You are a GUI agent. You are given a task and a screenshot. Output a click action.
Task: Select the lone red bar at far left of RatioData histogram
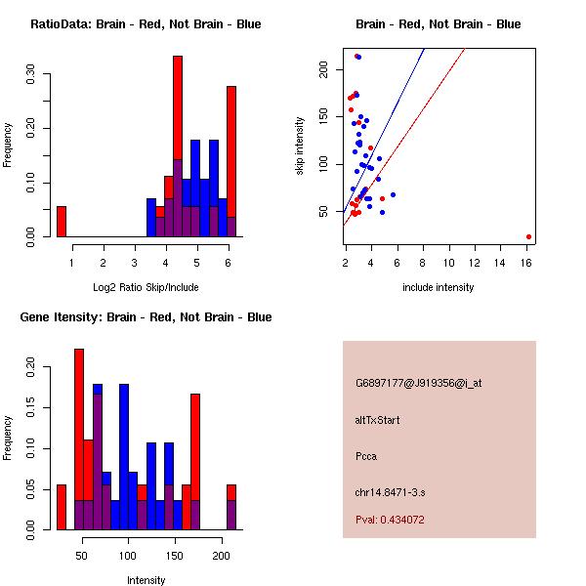62,221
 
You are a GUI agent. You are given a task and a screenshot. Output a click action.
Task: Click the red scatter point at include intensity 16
528,236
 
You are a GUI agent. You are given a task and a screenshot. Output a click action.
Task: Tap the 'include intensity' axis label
438,287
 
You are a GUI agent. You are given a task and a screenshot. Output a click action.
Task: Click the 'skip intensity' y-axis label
300,146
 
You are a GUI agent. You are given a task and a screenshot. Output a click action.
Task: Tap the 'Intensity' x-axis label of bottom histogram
146,580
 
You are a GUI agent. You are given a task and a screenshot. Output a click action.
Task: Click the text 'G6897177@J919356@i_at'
418,384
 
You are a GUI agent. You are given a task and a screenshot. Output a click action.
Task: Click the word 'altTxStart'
377,420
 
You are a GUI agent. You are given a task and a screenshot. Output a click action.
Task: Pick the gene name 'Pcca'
366,456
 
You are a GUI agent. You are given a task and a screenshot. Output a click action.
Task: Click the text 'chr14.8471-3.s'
388,491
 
